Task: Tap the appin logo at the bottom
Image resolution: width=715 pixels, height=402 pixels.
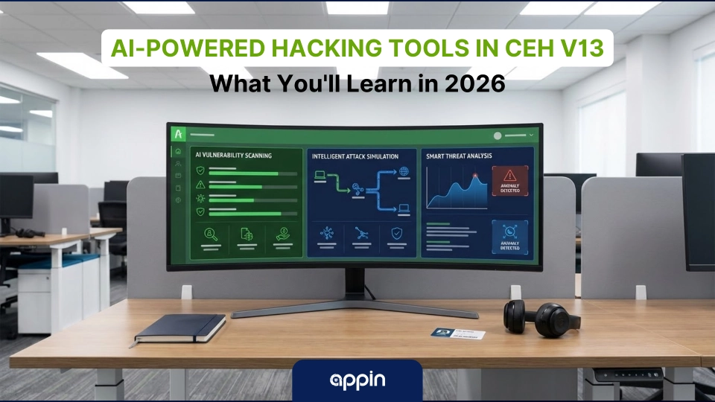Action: pos(357,380)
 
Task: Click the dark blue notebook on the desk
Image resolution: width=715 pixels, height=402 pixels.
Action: pos(180,328)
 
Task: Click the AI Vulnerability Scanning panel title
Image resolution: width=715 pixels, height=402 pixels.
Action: pos(232,156)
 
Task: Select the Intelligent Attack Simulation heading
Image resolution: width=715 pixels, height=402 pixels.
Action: pos(355,156)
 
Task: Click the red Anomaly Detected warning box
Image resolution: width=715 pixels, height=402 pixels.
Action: pos(511,182)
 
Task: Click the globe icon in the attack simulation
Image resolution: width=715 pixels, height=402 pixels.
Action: pos(404,173)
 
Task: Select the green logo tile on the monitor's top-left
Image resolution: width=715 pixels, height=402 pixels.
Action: pos(178,134)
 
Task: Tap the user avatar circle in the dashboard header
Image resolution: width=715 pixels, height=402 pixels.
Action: pos(498,135)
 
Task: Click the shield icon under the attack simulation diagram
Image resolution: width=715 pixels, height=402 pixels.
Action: pos(396,233)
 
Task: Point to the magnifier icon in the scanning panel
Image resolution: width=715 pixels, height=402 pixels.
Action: pos(211,234)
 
